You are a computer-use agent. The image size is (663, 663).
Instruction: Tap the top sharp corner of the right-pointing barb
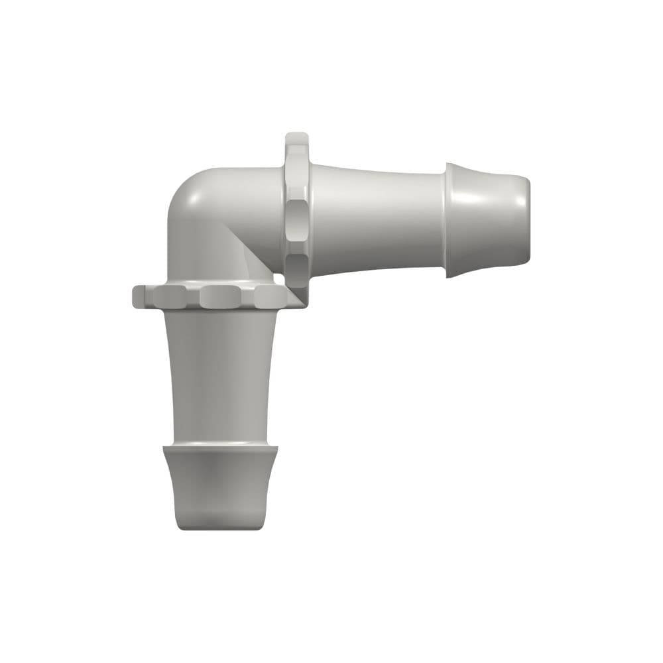pyautogui.click(x=448, y=164)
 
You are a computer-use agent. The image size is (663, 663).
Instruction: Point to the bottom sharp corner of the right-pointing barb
pyautogui.click(x=448, y=276)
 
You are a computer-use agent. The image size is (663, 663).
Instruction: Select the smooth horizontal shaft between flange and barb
pyautogui.click(x=378, y=219)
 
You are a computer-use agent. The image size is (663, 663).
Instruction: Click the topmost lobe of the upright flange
pyautogui.click(x=296, y=146)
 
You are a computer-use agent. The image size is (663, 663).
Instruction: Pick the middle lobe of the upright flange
pyautogui.click(x=296, y=219)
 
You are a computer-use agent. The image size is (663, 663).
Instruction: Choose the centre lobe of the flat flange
pyautogui.click(x=222, y=296)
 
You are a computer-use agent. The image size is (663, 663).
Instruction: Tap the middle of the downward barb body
pyautogui.click(x=220, y=487)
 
